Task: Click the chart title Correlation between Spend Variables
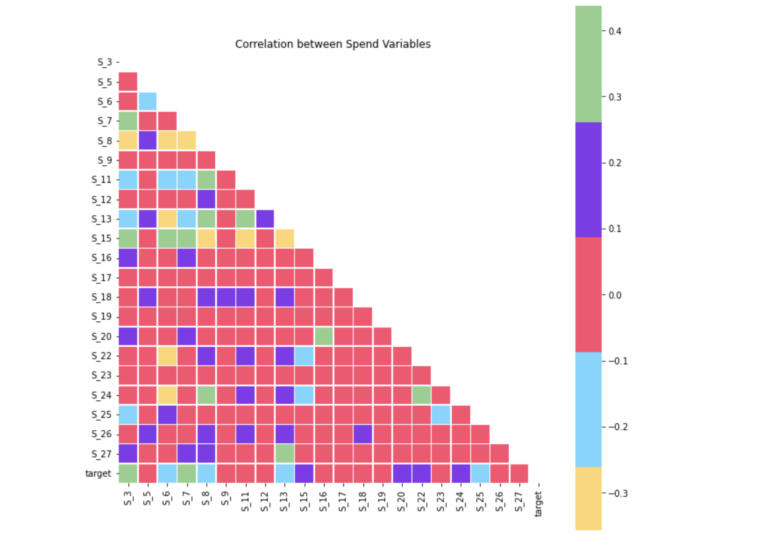pos(333,44)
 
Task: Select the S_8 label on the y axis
pos(105,141)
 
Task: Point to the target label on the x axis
pos(538,504)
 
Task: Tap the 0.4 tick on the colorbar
pos(615,31)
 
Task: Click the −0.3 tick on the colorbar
pos(618,493)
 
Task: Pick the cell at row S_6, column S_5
pos(148,101)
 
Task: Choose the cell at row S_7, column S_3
pos(128,121)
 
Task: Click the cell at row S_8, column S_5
pos(148,140)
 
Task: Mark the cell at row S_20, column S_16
pos(323,336)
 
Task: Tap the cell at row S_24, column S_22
pos(421,395)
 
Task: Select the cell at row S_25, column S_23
pos(440,414)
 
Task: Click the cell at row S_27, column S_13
pos(284,453)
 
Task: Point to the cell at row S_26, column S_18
pos(362,434)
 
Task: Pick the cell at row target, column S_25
pos(480,473)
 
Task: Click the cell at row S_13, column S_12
pos(265,219)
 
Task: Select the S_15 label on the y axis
pos(102,239)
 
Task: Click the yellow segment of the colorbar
pos(588,498)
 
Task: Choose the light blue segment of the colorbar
pos(588,410)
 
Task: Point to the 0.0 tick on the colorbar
pos(615,295)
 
